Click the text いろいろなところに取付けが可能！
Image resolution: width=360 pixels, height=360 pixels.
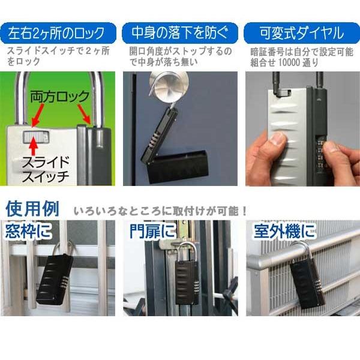pyautogui.click(x=161, y=211)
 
